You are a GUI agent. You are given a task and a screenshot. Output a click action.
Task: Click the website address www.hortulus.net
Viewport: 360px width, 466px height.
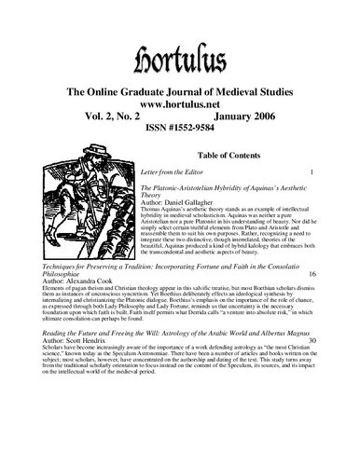tap(180, 80)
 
